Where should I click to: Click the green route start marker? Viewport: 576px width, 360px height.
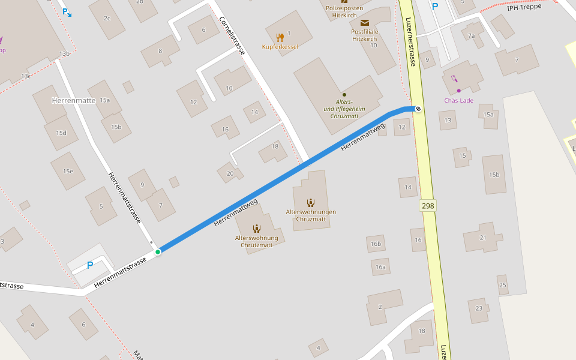(x=158, y=252)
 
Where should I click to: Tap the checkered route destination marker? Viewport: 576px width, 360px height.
(x=418, y=109)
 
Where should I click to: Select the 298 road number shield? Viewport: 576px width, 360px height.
(x=428, y=206)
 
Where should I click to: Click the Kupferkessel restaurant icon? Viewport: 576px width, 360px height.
(x=280, y=37)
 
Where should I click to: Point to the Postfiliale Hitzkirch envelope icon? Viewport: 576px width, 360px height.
(x=365, y=23)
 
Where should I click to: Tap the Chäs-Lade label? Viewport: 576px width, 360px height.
(x=459, y=100)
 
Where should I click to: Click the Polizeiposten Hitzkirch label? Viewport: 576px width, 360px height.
(x=344, y=12)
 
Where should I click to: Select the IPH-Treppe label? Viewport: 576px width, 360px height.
(x=524, y=7)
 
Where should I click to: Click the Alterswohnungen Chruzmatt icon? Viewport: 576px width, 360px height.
(x=310, y=203)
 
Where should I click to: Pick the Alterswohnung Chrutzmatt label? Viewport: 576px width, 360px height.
(x=257, y=241)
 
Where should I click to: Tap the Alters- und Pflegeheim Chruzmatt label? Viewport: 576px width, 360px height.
(x=344, y=109)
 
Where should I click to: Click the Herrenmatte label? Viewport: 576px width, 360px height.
(x=74, y=100)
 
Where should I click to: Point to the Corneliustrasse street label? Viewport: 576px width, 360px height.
(x=232, y=35)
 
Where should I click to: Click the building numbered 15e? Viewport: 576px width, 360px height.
(x=68, y=171)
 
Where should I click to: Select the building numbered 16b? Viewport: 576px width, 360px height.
(x=376, y=244)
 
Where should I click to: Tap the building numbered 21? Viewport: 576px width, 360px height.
(x=483, y=238)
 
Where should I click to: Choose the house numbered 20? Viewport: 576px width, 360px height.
(x=230, y=173)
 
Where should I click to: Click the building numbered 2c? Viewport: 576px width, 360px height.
(x=107, y=18)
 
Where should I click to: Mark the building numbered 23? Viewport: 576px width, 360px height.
(x=479, y=308)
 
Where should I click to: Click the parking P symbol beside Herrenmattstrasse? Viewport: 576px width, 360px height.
(x=90, y=265)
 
